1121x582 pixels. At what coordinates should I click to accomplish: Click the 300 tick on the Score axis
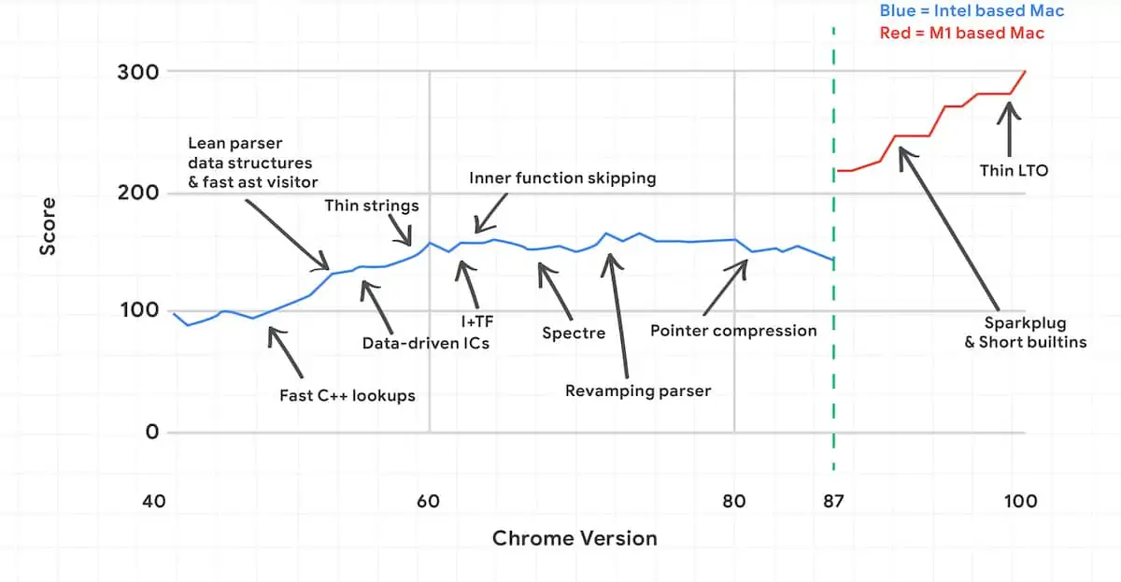(x=136, y=72)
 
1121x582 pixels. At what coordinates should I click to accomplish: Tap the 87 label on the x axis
(x=833, y=502)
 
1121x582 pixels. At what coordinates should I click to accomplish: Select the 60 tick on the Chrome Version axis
(x=429, y=502)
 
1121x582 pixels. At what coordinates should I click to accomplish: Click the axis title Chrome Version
(x=575, y=538)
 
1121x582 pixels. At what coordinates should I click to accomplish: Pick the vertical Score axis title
(x=48, y=225)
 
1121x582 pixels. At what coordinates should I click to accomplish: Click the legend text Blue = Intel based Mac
(x=972, y=12)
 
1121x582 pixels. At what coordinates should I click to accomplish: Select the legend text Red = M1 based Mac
(x=962, y=34)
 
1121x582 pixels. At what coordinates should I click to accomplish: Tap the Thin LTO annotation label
(x=1014, y=171)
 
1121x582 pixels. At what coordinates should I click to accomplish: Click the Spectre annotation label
(x=574, y=333)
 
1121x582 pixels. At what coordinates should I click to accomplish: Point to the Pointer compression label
(x=733, y=331)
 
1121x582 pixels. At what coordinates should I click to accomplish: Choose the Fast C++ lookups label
(x=348, y=395)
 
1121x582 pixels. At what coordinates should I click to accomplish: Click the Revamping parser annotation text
(x=638, y=391)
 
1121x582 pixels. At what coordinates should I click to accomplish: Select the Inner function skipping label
(x=562, y=177)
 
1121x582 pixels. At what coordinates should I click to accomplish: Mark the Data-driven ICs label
(x=426, y=343)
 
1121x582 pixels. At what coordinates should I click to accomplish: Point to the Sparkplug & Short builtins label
(x=1025, y=333)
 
